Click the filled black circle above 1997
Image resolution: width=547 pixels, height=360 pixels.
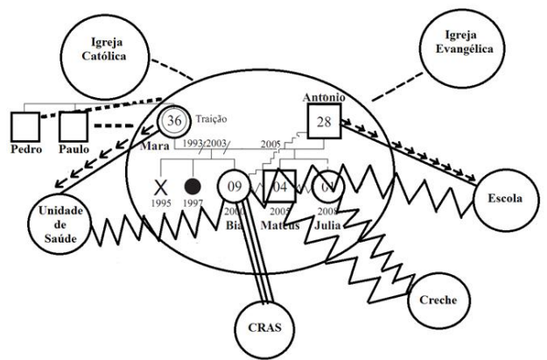[193, 186]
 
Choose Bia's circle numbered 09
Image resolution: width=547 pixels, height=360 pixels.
[234, 186]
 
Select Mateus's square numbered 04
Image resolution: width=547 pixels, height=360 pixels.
[279, 186]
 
